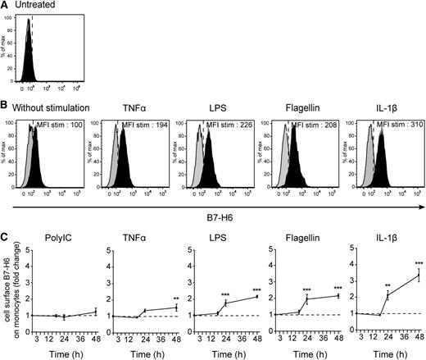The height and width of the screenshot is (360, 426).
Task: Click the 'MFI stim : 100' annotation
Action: point(59,125)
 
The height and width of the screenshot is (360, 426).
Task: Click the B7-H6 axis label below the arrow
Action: point(219,218)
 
